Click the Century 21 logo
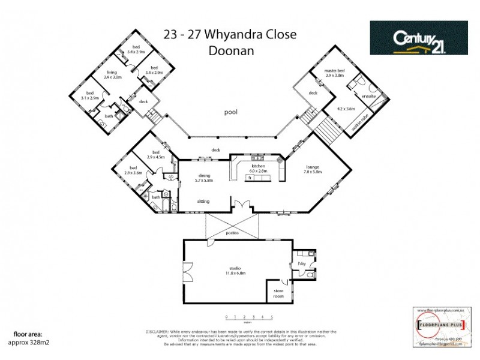(418, 38)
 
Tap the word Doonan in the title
(231, 51)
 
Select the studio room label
(235, 269)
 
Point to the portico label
(232, 232)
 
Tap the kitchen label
(259, 167)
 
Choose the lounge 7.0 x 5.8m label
(313, 169)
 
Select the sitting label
(203, 202)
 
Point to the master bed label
(334, 73)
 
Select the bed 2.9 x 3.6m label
(133, 170)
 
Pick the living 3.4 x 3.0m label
(112, 75)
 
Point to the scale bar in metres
(249, 317)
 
